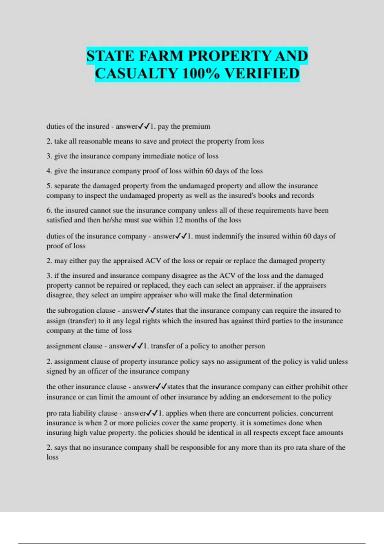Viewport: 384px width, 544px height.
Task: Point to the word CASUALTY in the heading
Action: click(x=136, y=74)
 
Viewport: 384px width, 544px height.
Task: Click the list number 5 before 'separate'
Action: click(x=49, y=186)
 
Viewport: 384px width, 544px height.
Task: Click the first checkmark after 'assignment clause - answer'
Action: click(x=134, y=346)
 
